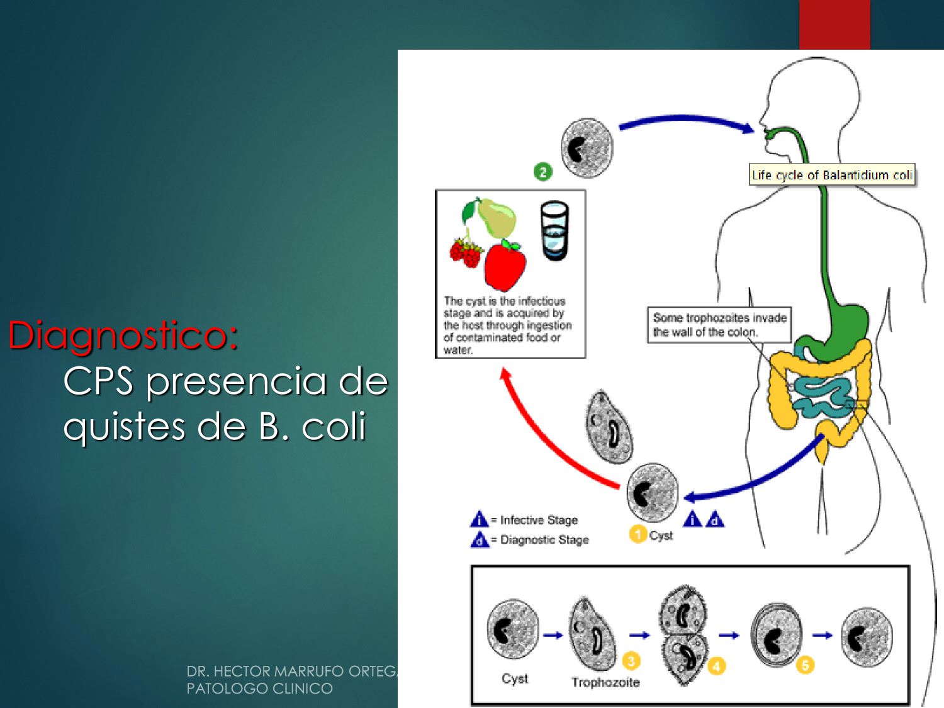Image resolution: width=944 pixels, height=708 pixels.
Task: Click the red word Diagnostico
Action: point(123,335)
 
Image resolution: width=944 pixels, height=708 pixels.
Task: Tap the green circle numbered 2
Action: point(542,171)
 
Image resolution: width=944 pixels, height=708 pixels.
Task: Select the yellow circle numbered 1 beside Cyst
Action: point(638,534)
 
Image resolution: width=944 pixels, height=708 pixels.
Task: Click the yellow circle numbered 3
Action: point(631,660)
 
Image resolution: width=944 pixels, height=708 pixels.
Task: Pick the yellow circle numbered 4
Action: point(716,666)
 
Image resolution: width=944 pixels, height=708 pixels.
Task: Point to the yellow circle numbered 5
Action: point(804,665)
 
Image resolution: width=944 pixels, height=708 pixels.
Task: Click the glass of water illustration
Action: point(554,231)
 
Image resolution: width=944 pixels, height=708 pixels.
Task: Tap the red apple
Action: point(505,264)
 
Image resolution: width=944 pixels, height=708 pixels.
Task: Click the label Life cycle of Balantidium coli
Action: point(832,175)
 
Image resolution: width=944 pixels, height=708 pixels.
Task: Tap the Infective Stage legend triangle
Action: point(479,519)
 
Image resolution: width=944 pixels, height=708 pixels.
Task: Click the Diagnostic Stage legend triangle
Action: point(480,539)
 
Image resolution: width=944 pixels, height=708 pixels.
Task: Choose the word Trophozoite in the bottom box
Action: point(605,682)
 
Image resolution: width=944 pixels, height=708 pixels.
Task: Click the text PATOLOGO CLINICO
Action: point(259,688)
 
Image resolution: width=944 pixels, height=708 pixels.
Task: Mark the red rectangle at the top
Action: point(834,25)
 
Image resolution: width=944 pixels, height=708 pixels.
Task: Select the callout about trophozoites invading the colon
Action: point(719,325)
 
